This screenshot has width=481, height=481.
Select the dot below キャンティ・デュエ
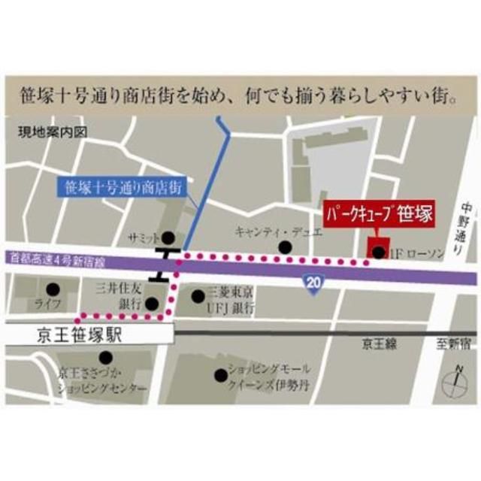click(284, 247)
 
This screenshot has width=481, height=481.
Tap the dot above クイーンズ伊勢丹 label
click(220, 374)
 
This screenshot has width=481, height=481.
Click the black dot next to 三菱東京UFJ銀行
click(198, 296)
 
